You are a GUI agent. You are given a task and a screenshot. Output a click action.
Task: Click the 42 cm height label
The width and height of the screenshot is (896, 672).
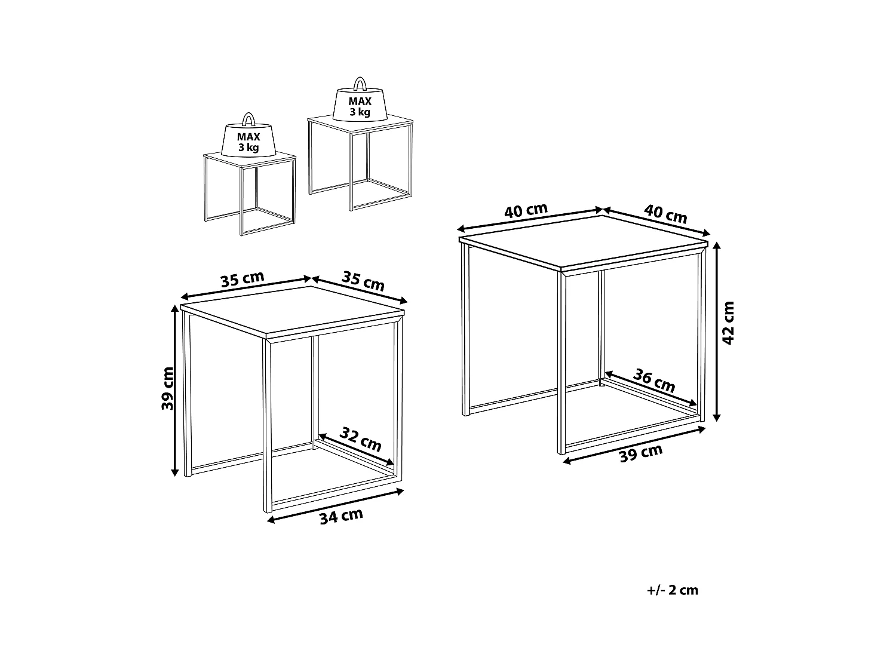click(728, 323)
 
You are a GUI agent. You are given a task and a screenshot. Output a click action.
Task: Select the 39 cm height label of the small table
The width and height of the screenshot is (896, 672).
click(167, 388)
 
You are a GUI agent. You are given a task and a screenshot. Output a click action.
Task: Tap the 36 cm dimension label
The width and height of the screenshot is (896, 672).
click(654, 381)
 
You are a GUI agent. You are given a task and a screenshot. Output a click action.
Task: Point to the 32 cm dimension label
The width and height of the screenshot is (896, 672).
click(360, 439)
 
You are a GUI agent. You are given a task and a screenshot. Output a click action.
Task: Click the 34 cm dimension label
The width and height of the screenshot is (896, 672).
click(341, 517)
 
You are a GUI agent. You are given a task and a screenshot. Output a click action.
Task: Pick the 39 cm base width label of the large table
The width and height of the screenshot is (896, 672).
click(641, 453)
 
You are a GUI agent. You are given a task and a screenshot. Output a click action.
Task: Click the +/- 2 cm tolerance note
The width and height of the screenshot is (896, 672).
click(673, 590)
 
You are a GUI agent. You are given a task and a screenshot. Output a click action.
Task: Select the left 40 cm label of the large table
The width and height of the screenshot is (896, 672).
click(526, 210)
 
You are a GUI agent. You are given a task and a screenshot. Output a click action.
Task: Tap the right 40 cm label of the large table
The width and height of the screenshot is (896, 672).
click(666, 214)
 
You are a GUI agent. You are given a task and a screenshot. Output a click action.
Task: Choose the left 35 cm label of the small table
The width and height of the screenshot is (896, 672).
click(243, 280)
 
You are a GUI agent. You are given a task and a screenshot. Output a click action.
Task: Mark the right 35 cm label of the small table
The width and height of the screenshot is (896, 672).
click(363, 281)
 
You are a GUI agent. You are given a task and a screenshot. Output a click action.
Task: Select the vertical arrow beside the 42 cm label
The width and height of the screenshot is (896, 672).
click(716, 332)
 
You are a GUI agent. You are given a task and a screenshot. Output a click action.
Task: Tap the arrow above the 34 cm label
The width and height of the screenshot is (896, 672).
click(335, 505)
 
